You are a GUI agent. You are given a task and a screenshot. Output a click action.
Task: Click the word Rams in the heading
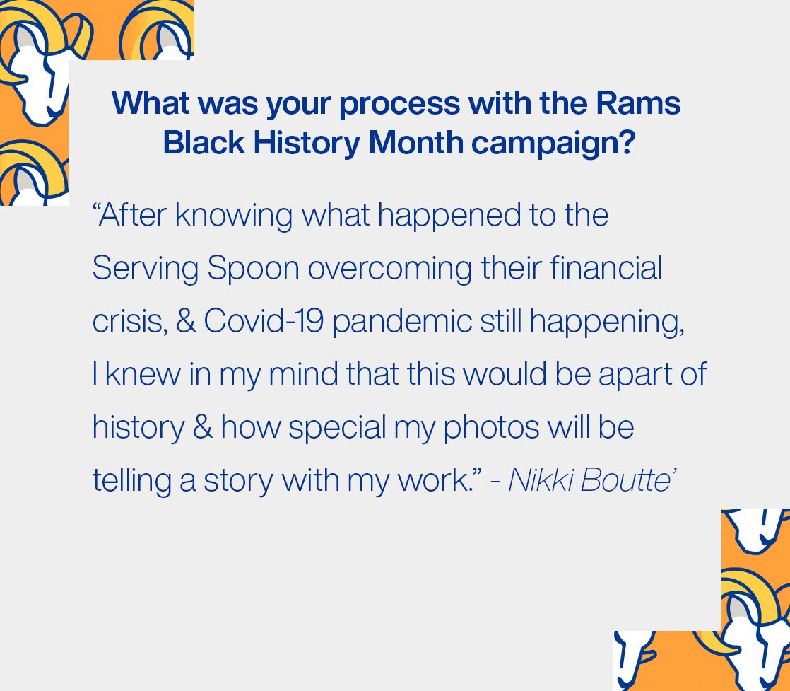point(638,103)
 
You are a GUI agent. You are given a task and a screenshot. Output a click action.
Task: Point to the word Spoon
point(253,268)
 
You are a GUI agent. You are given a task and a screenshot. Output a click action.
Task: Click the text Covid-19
point(264,321)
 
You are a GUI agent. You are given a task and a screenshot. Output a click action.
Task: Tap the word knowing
point(234,216)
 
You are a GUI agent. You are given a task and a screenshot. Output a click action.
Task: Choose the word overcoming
point(390,269)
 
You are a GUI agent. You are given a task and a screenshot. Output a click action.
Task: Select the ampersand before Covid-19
point(185,321)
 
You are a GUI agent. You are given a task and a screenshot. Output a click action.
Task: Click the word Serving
point(146,269)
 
